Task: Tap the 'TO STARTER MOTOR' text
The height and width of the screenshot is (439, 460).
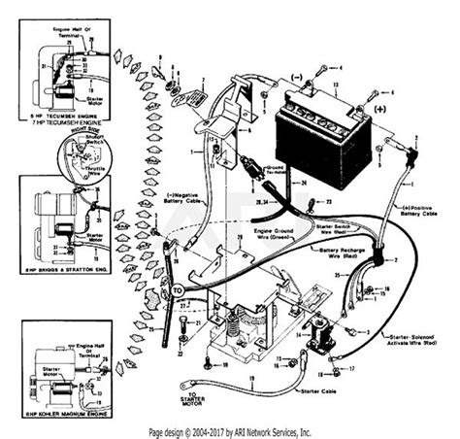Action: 188,397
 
